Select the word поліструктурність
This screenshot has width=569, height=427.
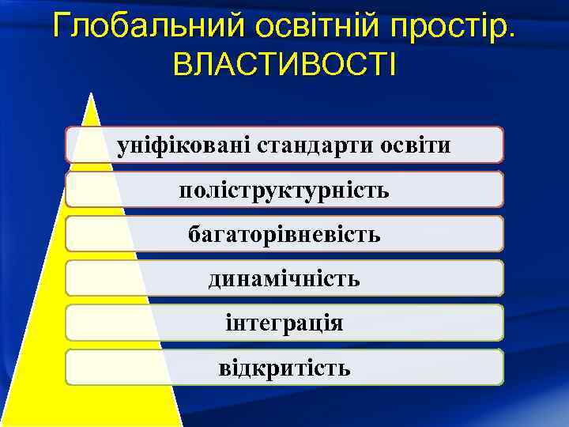284,190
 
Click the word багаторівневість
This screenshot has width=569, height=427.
284,234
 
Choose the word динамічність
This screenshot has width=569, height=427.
284,278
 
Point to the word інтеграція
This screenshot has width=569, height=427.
284,323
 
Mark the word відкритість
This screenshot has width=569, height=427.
284,368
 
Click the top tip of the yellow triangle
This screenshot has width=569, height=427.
92,95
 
